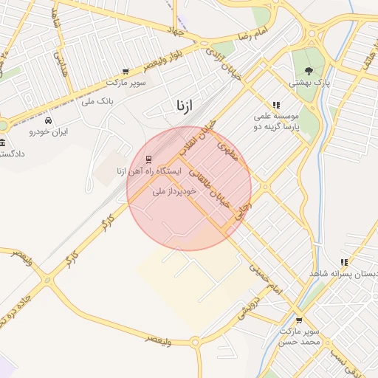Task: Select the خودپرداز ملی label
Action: pyautogui.click(x=174, y=191)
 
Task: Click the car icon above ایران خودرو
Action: pyautogui.click(x=49, y=120)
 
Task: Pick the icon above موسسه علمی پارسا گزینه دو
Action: pyautogui.click(x=276, y=105)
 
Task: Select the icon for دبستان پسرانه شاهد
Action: pyautogui.click(x=344, y=261)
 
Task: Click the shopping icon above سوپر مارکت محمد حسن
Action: pyautogui.click(x=299, y=320)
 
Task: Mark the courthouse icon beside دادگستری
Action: pyautogui.click(x=3, y=142)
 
